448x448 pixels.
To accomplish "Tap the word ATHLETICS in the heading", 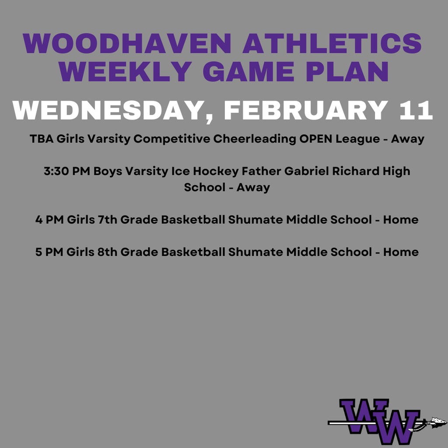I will [332, 44].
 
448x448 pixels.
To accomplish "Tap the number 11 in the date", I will [416, 111].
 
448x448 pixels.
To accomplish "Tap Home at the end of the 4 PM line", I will [401, 220].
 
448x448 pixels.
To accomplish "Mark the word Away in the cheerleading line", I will [408, 139].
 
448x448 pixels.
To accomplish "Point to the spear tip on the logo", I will [438, 422].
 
